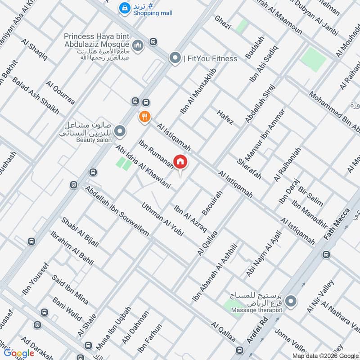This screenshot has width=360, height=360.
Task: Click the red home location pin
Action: pos(180,162)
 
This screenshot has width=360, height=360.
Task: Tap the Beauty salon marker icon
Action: pos(120,131)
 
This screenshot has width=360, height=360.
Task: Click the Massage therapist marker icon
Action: pos(292,300)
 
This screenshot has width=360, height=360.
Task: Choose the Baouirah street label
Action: pos(212,202)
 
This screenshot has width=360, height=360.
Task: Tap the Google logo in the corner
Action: pos(19,353)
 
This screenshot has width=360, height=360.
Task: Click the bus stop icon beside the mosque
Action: pos(153,42)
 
